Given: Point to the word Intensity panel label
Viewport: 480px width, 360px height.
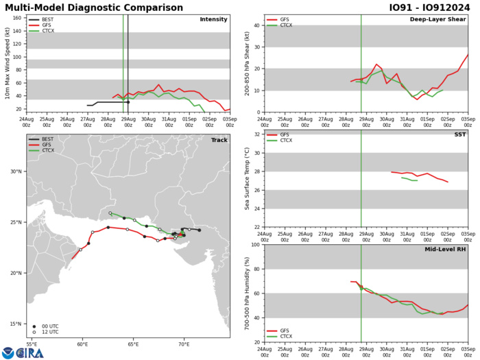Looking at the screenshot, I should [213, 19].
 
